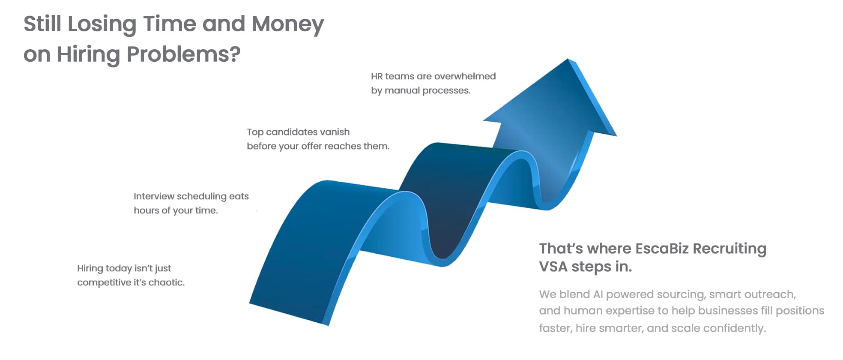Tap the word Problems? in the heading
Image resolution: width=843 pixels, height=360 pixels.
(184, 54)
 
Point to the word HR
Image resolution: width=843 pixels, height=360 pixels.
(377, 76)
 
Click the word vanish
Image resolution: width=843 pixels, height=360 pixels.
(335, 132)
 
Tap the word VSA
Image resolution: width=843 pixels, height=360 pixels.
(553, 267)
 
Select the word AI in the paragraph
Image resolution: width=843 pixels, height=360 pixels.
(598, 294)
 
